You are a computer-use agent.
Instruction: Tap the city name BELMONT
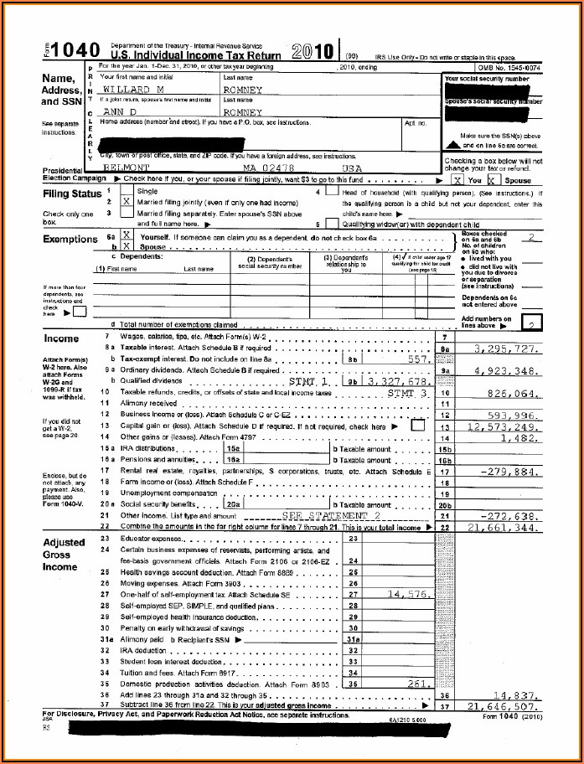click(x=127, y=167)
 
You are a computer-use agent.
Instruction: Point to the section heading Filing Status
click(x=72, y=194)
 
